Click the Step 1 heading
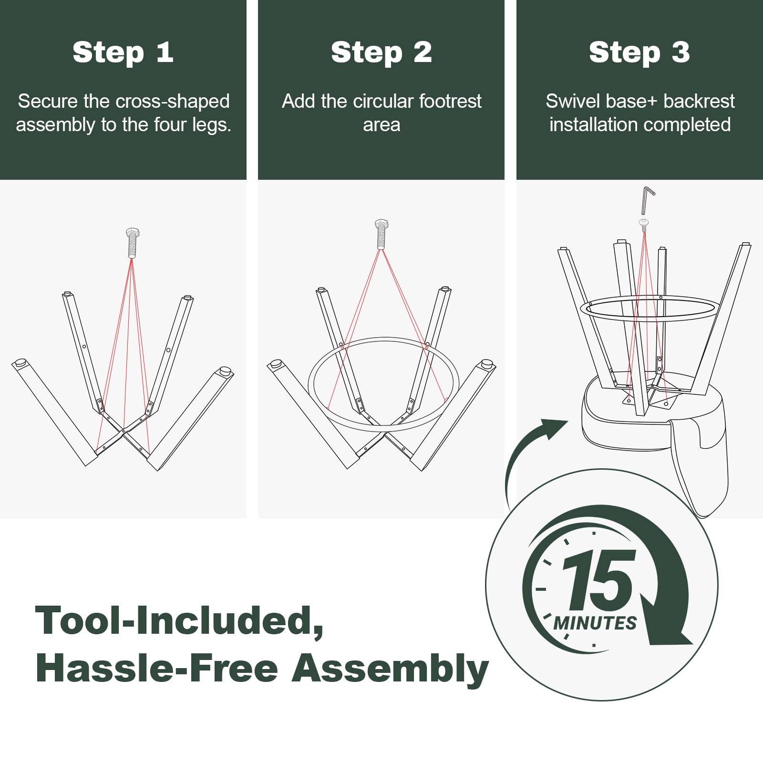[x=123, y=52]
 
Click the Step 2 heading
[x=381, y=52]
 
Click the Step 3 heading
[x=639, y=52]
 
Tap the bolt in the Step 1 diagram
[x=132, y=243]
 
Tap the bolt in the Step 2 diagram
[x=381, y=234]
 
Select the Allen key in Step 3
[x=647, y=200]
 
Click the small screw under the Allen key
[x=644, y=225]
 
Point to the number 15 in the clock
[x=599, y=580]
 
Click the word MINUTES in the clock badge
[x=595, y=623]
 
